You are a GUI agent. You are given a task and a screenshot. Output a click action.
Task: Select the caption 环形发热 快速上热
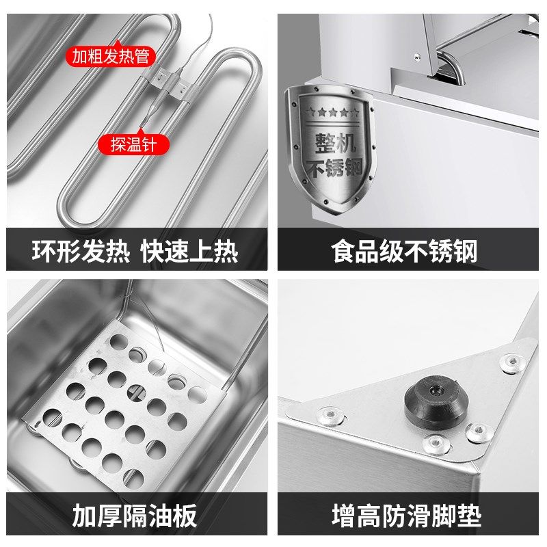coord(135,250)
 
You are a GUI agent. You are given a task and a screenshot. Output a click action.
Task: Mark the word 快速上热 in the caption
coord(189,250)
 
